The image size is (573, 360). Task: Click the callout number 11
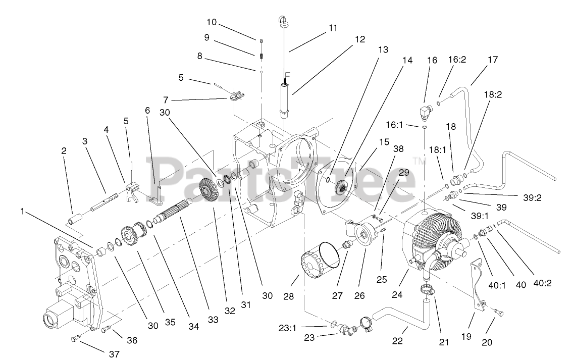[333, 28]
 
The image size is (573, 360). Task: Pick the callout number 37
[115, 354]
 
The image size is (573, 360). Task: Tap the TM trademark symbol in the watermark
[418, 161]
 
